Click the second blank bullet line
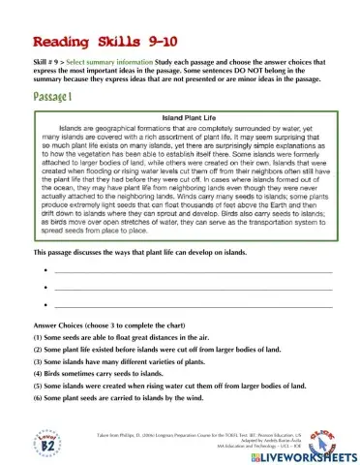click(x=194, y=289)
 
